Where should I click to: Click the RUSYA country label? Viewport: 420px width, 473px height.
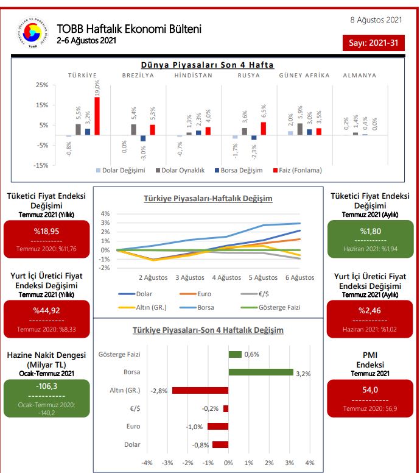[249, 76]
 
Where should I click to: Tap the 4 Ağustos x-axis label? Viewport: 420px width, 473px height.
[226, 278]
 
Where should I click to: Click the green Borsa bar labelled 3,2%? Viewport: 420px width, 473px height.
[261, 372]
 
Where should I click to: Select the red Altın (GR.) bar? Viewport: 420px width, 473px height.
[200, 390]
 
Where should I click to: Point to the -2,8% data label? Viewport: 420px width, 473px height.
[159, 390]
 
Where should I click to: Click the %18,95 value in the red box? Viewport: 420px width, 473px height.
[46, 232]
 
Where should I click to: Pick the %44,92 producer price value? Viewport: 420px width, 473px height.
[46, 310]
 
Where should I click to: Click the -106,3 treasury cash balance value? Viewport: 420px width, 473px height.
[46, 385]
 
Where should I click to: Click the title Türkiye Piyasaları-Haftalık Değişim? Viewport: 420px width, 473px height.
[208, 199]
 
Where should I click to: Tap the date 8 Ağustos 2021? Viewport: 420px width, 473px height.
[376, 20]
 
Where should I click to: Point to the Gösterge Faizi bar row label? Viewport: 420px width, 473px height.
[120, 354]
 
